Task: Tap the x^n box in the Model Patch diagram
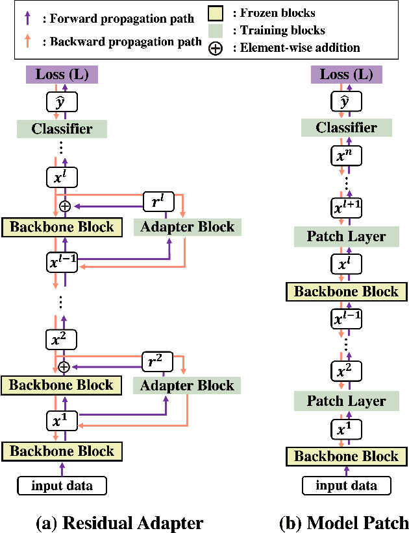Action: pyautogui.click(x=346, y=157)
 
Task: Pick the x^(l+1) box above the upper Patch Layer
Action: pyautogui.click(x=346, y=208)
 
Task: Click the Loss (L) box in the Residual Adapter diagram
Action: pyautogui.click(x=62, y=75)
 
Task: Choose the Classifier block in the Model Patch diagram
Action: pyautogui.click(x=346, y=128)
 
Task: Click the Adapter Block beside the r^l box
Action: pyautogui.click(x=188, y=227)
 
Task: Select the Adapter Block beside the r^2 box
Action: pyautogui.click(x=188, y=386)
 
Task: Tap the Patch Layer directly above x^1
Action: pyautogui.click(x=346, y=401)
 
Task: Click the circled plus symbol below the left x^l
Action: pyautogui.click(x=64, y=206)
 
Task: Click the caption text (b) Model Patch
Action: pyautogui.click(x=343, y=522)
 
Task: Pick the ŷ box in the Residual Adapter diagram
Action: pyautogui.click(x=62, y=102)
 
